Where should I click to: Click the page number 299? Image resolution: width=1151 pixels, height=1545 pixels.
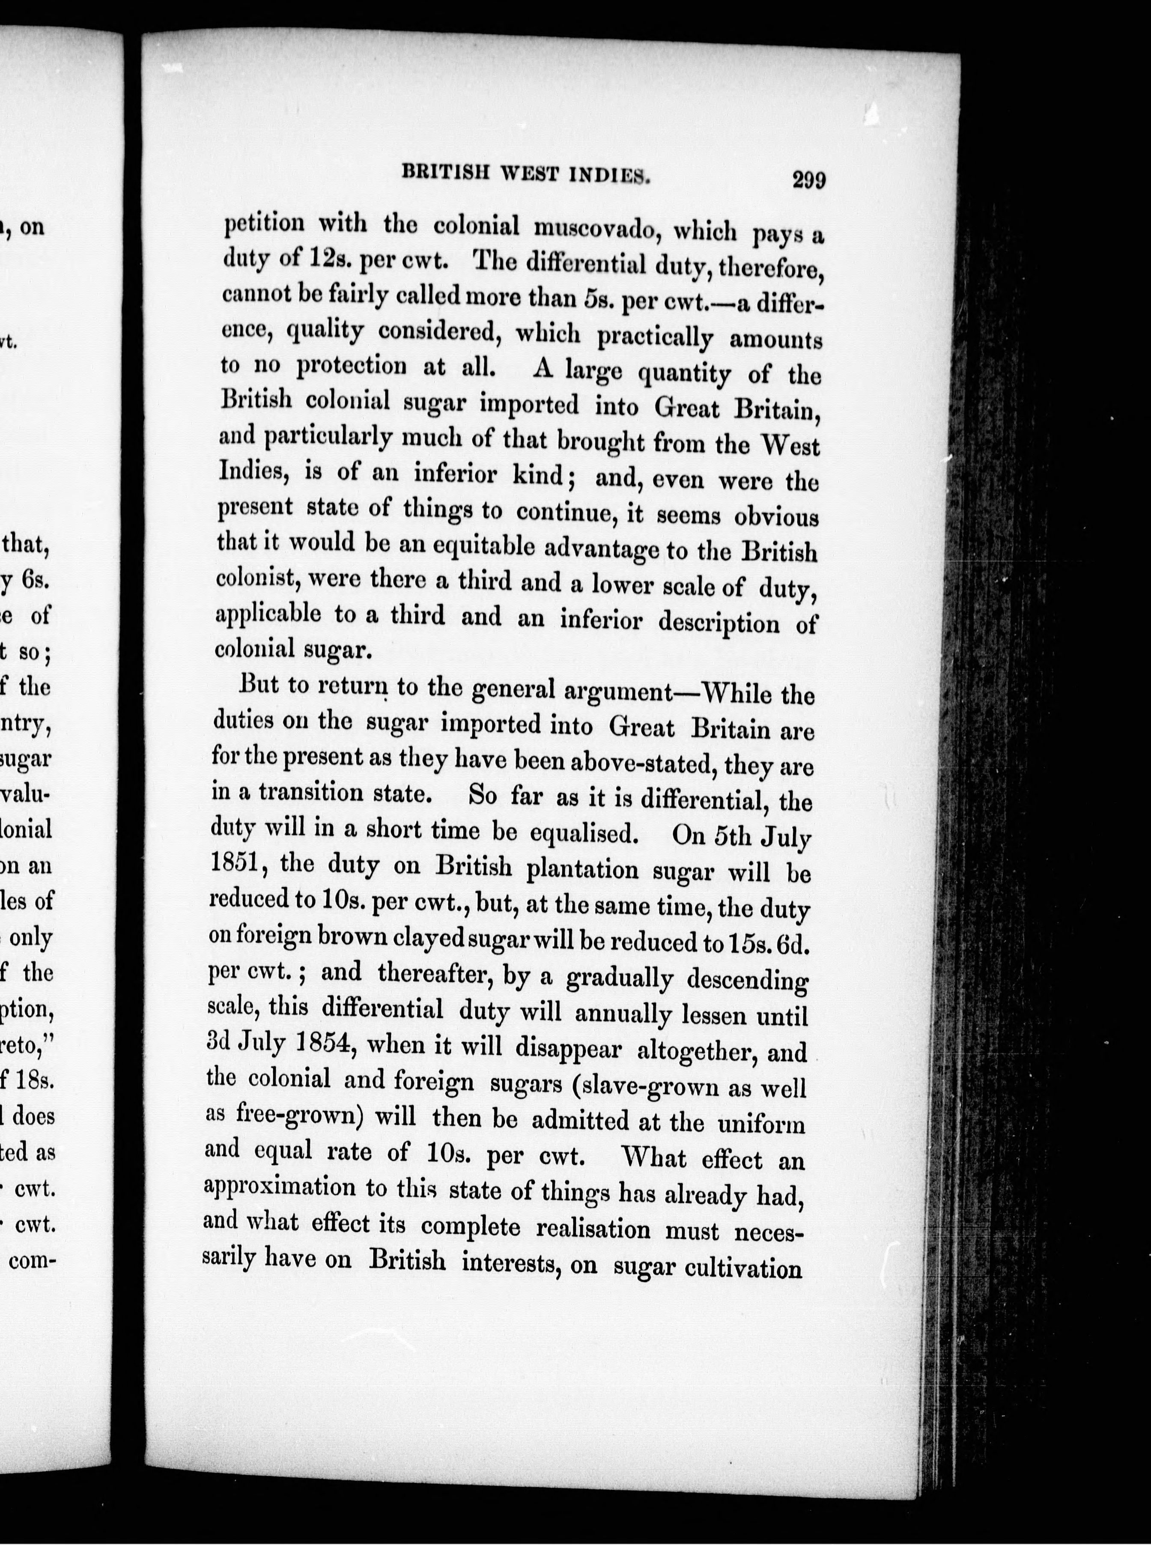click(808, 180)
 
